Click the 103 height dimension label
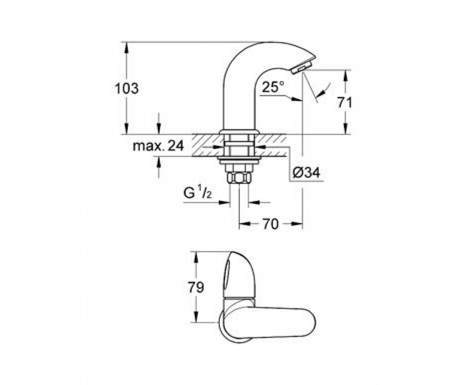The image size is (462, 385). click(x=127, y=89)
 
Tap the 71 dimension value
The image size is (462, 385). click(x=345, y=103)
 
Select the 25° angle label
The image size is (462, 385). click(x=273, y=87)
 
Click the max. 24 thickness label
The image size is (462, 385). click(x=158, y=146)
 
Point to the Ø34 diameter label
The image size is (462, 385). click(x=306, y=172)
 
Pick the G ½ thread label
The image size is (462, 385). click(x=198, y=193)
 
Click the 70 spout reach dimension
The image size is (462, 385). click(x=271, y=224)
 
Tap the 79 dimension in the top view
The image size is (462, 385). click(x=196, y=288)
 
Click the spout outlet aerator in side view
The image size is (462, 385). click(x=301, y=68)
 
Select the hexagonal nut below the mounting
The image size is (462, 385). click(x=239, y=177)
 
